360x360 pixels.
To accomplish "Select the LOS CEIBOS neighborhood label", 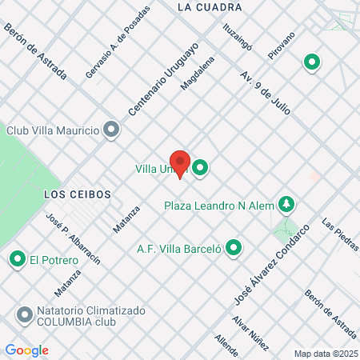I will [77, 194].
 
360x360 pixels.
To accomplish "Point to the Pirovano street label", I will [282, 46].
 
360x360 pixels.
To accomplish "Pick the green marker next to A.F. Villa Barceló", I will [234, 249].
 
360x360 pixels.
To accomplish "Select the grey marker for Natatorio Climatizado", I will [24, 312].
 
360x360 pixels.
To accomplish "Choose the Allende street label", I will [227, 346].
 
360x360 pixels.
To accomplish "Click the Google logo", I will [26, 350].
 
